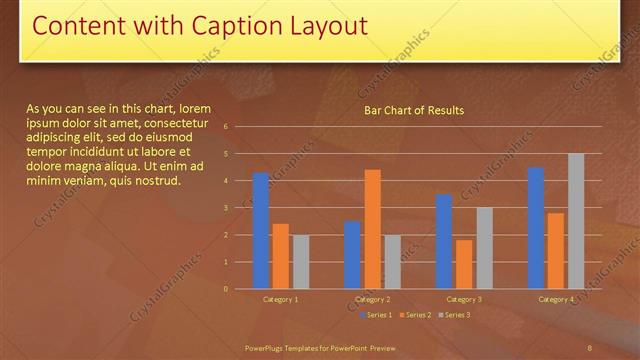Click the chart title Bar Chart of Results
[x=413, y=110]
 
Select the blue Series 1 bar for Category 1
[x=261, y=231]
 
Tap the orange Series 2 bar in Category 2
[x=372, y=229]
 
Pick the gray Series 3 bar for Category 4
[x=576, y=221]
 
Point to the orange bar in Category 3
[x=464, y=264]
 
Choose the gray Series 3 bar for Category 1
[x=300, y=262]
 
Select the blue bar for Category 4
[x=536, y=228]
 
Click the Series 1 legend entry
[x=374, y=315]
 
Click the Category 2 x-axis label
[x=372, y=299]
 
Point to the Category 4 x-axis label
[x=556, y=299]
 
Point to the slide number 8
[x=591, y=347]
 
